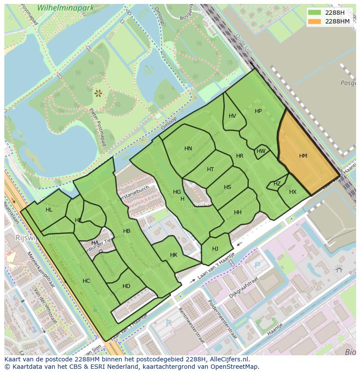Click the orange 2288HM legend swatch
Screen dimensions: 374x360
click(x=315, y=21)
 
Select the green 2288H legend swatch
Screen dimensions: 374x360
click(x=315, y=13)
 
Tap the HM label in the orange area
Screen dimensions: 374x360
click(x=303, y=156)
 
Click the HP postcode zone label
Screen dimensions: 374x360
click(x=258, y=111)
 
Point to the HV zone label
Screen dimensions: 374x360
click(x=232, y=116)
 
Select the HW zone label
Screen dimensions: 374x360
click(x=261, y=151)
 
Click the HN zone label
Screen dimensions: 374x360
click(x=188, y=149)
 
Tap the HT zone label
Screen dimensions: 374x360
click(x=210, y=169)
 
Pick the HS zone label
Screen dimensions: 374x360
click(x=227, y=187)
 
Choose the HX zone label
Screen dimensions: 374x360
click(x=293, y=192)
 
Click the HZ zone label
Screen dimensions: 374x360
click(x=277, y=184)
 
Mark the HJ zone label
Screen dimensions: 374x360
click(x=215, y=249)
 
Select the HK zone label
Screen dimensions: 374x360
click(x=173, y=255)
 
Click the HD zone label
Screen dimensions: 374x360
click(x=127, y=286)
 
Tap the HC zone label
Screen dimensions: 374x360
click(x=86, y=281)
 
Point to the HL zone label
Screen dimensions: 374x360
click(x=49, y=210)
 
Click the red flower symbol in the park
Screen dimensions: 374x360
click(x=98, y=92)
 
